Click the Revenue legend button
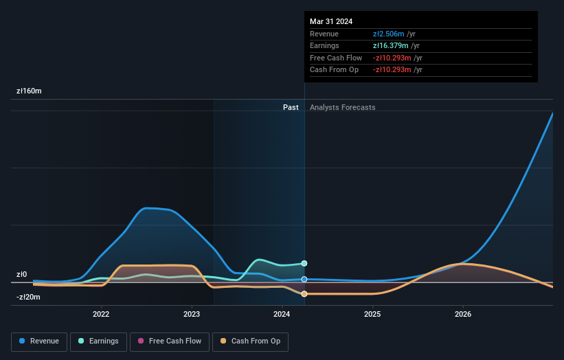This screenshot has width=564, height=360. [39, 341]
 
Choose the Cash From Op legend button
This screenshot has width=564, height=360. [250, 341]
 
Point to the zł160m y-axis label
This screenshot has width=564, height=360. [29, 91]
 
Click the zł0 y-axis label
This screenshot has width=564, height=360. [21, 274]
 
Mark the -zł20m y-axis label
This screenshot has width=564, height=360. [28, 297]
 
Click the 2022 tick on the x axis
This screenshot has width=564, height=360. [101, 315]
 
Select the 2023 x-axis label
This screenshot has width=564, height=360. [192, 315]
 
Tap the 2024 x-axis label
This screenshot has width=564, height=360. [282, 315]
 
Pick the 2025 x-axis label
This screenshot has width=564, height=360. [372, 315]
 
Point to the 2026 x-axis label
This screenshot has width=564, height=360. [463, 315]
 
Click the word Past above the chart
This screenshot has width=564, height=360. [291, 107]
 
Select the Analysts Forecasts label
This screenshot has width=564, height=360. [342, 107]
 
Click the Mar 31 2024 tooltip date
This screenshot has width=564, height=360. [331, 21]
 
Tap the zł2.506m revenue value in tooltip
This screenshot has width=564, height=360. [389, 34]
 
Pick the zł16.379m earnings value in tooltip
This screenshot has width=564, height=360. [391, 46]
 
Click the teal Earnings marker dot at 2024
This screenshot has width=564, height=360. [304, 263]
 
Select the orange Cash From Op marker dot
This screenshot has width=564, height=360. [304, 294]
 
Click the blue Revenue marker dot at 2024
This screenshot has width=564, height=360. [304, 280]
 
